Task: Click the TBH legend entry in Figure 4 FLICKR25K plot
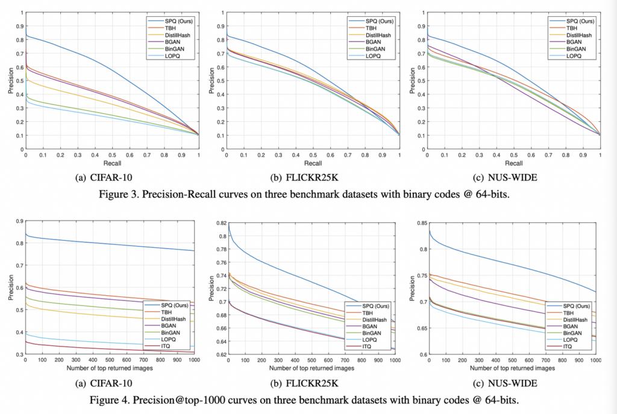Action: point(369,313)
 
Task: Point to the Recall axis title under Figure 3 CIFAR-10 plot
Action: point(112,163)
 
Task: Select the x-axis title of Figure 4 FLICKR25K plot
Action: point(311,367)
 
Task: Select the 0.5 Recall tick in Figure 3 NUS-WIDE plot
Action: point(514,155)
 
